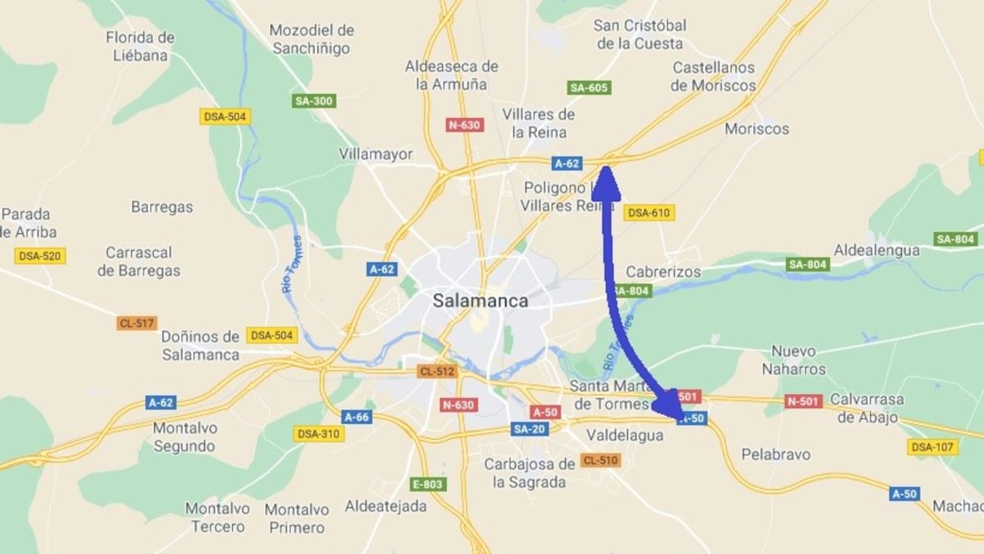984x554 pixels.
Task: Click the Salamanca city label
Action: click(481, 301)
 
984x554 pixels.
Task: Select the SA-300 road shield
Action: click(313, 101)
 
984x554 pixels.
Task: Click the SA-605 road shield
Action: click(589, 88)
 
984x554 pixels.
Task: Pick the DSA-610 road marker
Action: click(649, 213)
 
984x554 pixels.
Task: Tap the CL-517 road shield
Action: click(136, 323)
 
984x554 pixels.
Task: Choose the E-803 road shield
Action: click(428, 484)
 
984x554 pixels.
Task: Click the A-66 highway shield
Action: click(357, 417)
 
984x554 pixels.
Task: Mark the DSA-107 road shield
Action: click(932, 447)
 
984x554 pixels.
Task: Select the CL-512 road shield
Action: click(435, 372)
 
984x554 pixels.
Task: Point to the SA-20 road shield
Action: click(528, 428)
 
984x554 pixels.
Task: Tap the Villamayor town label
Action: click(376, 154)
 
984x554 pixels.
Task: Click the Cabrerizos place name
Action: click(663, 271)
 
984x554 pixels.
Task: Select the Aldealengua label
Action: click(877, 250)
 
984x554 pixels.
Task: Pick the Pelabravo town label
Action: click(776, 454)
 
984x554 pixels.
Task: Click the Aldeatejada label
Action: click(385, 506)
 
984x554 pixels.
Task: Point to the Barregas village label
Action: click(162, 207)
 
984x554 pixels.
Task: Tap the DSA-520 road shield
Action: click(40, 256)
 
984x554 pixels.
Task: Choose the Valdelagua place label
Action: click(625, 436)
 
